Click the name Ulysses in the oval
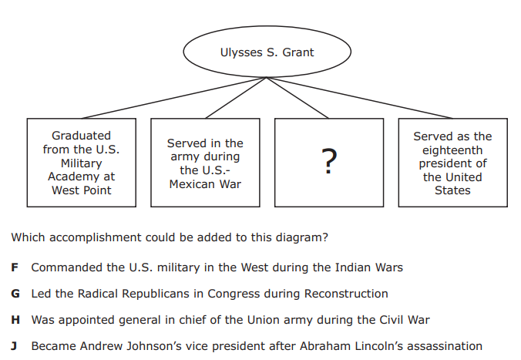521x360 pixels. click(x=241, y=53)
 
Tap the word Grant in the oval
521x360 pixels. click(x=298, y=52)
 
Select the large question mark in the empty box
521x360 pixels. click(x=329, y=161)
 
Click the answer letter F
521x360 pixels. click(x=15, y=267)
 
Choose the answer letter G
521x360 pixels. click(x=15, y=294)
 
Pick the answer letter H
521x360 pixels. click(x=15, y=320)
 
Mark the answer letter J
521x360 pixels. click(x=14, y=346)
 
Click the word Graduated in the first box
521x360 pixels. click(x=82, y=136)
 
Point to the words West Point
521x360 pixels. click(x=82, y=190)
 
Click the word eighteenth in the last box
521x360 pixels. click(x=452, y=150)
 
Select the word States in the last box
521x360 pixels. click(x=452, y=190)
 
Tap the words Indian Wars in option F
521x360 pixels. click(x=369, y=267)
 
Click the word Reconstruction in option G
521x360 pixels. click(x=346, y=294)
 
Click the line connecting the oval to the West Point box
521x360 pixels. click(x=174, y=98)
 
